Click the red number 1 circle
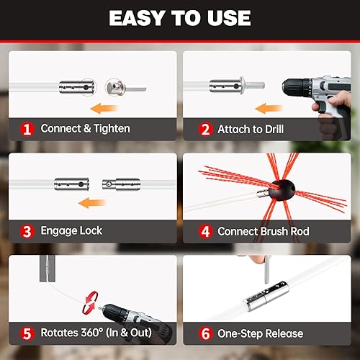[x=27, y=129]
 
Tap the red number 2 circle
[x=205, y=129]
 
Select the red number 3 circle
[x=27, y=231]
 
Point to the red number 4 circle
[x=205, y=231]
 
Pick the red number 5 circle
[x=27, y=333]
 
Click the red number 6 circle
[x=205, y=333]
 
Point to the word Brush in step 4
[x=281, y=231]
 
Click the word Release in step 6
[x=279, y=333]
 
